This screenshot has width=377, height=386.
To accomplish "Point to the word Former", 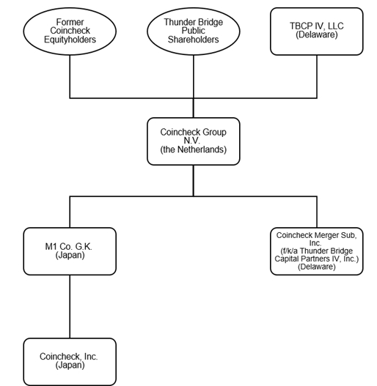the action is point(70,22).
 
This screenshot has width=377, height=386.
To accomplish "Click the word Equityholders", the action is point(70,40).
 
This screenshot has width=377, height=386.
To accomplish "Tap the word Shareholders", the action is point(194,40).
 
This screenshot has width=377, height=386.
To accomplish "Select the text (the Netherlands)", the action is point(194,149).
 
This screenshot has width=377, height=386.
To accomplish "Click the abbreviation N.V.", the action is point(192,141).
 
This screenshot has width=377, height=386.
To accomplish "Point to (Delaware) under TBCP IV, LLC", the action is point(317,34).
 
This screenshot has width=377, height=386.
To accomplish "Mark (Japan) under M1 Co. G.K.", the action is point(70,255).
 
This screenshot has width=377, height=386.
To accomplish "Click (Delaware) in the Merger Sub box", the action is point(317,267).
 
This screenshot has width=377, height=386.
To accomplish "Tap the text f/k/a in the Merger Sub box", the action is point(290,251).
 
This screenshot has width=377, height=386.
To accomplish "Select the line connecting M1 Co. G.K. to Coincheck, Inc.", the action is point(70,306).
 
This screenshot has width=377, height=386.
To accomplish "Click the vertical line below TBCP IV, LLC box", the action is point(317,77).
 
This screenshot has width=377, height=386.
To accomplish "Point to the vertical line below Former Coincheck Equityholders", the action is point(70,77).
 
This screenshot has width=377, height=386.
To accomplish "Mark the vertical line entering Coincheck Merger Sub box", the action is point(317,212).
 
